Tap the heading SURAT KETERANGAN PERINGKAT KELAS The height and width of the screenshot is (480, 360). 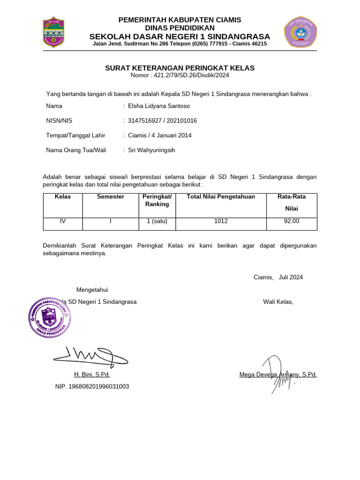[x=180, y=68]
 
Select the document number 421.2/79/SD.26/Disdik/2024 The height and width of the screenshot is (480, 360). [x=180, y=75]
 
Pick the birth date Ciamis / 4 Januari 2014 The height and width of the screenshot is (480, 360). [x=160, y=135]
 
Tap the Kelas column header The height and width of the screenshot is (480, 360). [x=63, y=197]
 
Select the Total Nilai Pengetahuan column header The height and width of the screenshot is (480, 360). [x=221, y=197]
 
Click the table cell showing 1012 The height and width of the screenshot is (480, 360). [x=221, y=221]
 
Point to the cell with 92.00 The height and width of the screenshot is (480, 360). [x=292, y=221]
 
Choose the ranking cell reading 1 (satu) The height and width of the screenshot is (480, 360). [x=157, y=221]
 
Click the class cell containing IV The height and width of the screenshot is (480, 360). [x=63, y=221]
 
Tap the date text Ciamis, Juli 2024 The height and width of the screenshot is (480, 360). [x=278, y=277]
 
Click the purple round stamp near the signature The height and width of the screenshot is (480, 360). [x=49, y=316]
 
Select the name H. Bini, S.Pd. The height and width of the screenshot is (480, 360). [x=92, y=375]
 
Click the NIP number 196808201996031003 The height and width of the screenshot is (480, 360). [x=92, y=386]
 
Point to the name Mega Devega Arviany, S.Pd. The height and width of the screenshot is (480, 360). [x=278, y=375]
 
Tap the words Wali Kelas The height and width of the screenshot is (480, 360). [x=278, y=301]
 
